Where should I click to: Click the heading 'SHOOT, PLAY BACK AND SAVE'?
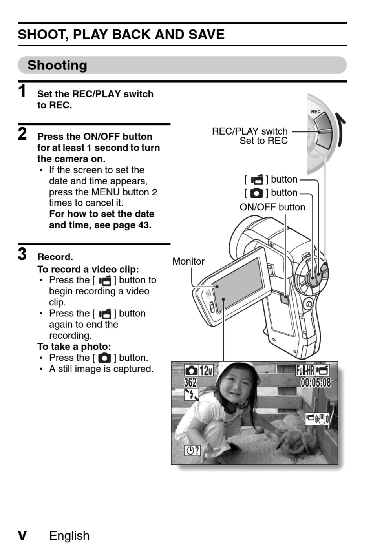[x=121, y=35]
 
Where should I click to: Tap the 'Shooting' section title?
[x=57, y=65]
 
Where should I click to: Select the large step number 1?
[x=22, y=92]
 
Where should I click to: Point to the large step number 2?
[x=22, y=134]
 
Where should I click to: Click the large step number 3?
[x=22, y=254]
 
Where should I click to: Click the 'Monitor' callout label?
[x=188, y=261]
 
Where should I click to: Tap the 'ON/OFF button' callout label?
[x=272, y=207]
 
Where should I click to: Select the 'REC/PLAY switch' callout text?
[x=250, y=131]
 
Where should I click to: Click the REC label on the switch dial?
[x=316, y=112]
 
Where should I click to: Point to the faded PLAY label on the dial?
[x=314, y=156]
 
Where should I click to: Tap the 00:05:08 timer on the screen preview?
[x=315, y=382]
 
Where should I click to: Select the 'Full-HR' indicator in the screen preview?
[x=305, y=370]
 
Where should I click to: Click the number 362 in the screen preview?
[x=190, y=382]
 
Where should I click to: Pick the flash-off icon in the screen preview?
[x=192, y=394]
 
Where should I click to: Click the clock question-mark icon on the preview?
[x=192, y=450]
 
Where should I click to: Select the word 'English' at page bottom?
[x=69, y=535]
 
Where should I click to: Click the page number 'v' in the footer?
[x=22, y=535]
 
